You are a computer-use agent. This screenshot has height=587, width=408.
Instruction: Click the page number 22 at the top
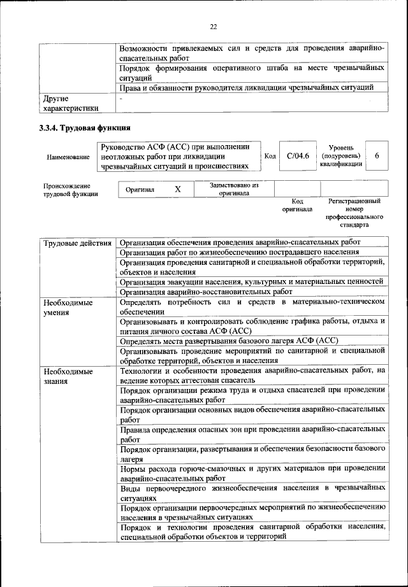tap(214, 26)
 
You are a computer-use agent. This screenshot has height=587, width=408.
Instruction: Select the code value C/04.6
tap(298, 156)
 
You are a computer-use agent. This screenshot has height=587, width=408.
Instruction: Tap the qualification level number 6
tap(377, 156)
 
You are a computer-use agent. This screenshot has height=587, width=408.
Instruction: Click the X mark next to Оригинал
tap(178, 189)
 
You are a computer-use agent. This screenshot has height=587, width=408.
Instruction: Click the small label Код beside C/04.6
tap(270, 157)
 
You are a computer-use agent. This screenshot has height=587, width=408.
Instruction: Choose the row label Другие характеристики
tap(71, 104)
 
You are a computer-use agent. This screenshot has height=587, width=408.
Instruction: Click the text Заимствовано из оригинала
tap(233, 189)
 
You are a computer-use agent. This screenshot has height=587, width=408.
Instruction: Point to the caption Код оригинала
tap(297, 205)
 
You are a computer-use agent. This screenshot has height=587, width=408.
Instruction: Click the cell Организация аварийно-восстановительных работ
tap(208, 292)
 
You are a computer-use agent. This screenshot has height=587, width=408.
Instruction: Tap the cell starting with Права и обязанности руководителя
tap(245, 87)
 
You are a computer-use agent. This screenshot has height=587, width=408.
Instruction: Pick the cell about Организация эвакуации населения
tap(251, 281)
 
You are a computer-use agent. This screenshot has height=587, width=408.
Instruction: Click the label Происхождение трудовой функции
tap(71, 190)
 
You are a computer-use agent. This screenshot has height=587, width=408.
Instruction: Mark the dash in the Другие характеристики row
tap(120, 99)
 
